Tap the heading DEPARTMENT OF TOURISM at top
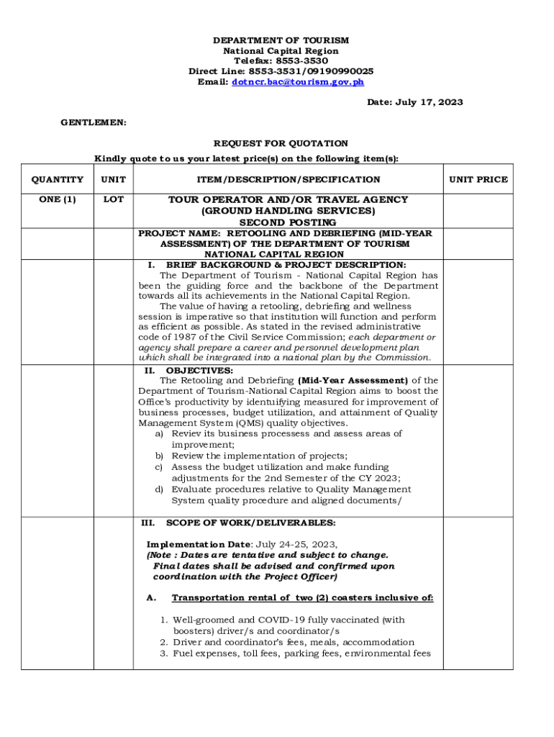coord(281,41)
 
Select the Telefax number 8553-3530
coord(300,61)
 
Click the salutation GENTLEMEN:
coord(94,123)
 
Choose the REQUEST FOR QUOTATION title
coord(281,144)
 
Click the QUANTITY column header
coord(57,179)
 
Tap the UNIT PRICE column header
coord(478,179)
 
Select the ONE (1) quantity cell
coord(57,199)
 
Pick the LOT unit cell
coord(114,199)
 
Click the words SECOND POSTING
coord(288,222)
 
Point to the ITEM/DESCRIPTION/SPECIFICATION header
coord(288,179)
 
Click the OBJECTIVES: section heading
coord(199,371)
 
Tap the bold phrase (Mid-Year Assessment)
coord(353,381)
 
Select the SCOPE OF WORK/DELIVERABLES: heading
coord(250,523)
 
